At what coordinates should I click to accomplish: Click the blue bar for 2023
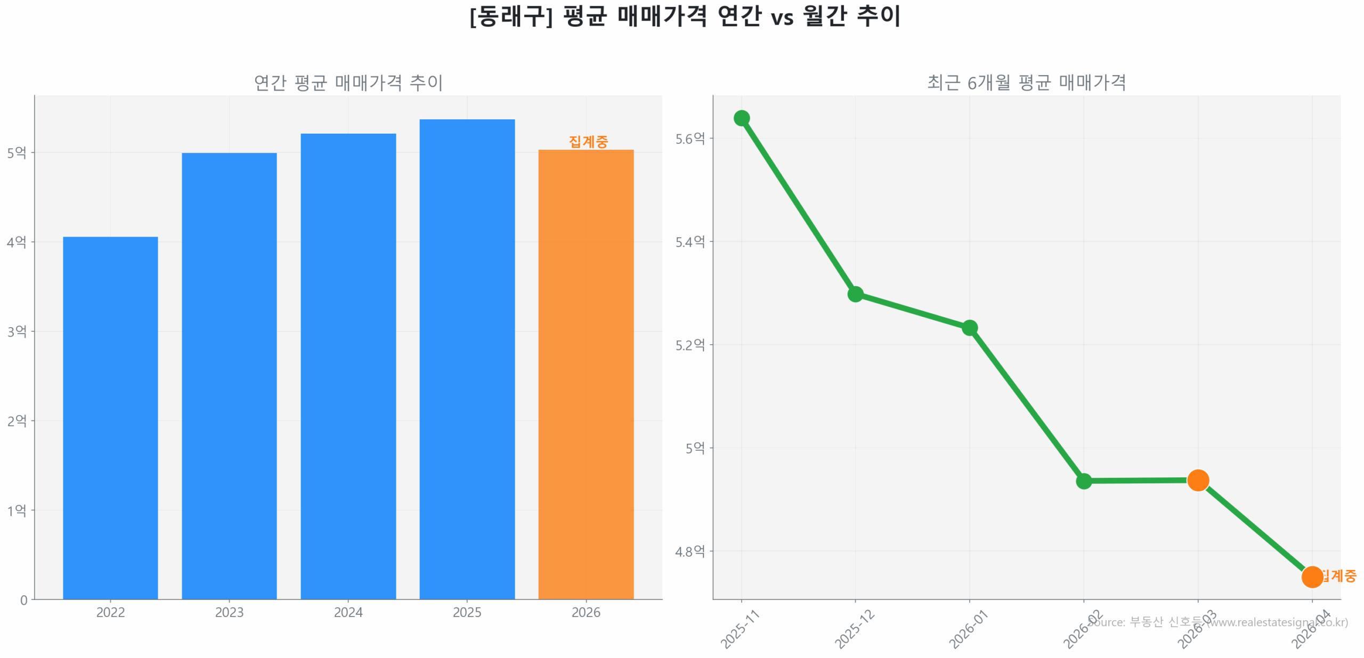tap(229, 375)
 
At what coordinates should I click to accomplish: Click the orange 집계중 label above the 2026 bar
tap(588, 141)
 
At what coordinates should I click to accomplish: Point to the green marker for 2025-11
tap(741, 118)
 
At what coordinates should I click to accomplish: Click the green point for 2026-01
tap(969, 327)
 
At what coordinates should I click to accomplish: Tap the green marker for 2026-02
tap(1083, 481)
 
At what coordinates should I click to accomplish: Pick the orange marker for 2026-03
tap(1198, 480)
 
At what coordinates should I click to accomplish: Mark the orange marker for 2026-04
tap(1311, 576)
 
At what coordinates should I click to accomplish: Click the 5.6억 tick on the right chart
tap(689, 139)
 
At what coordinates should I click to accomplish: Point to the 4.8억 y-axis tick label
tap(689, 551)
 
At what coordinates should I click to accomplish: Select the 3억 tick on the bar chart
tap(17, 331)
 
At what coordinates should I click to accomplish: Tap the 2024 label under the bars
tap(348, 612)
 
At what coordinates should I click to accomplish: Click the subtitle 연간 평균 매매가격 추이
tap(348, 83)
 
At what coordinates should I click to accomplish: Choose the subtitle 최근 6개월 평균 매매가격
tap(1026, 83)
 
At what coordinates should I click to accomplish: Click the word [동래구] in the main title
tap(510, 16)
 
